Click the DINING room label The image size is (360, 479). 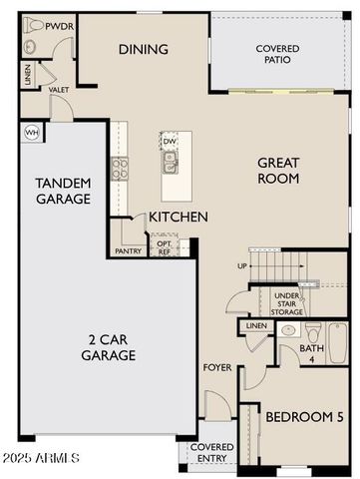(x=143, y=49)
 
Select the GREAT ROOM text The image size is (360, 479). (x=279, y=171)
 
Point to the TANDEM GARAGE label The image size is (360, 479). (x=63, y=191)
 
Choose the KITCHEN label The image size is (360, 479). (x=179, y=217)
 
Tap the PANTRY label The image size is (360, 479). (x=128, y=251)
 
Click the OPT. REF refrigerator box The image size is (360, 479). (x=164, y=247)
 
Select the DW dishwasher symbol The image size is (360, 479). (x=170, y=143)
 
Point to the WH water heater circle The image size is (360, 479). (x=31, y=131)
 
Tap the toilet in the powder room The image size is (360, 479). (x=29, y=45)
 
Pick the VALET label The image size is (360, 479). (x=58, y=90)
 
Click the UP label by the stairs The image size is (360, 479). (x=241, y=266)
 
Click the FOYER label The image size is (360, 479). (x=217, y=368)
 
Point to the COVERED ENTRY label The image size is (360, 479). (x=211, y=453)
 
